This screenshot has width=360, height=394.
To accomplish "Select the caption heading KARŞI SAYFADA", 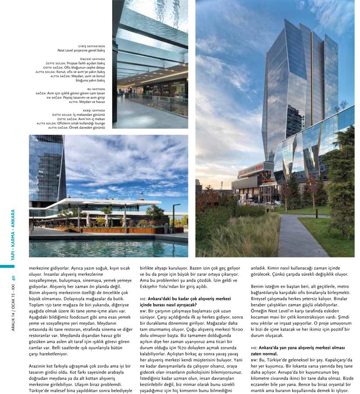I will (93, 110).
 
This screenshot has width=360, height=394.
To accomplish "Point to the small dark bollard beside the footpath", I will (316, 213).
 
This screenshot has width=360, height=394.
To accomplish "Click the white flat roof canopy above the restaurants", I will (109, 202).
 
